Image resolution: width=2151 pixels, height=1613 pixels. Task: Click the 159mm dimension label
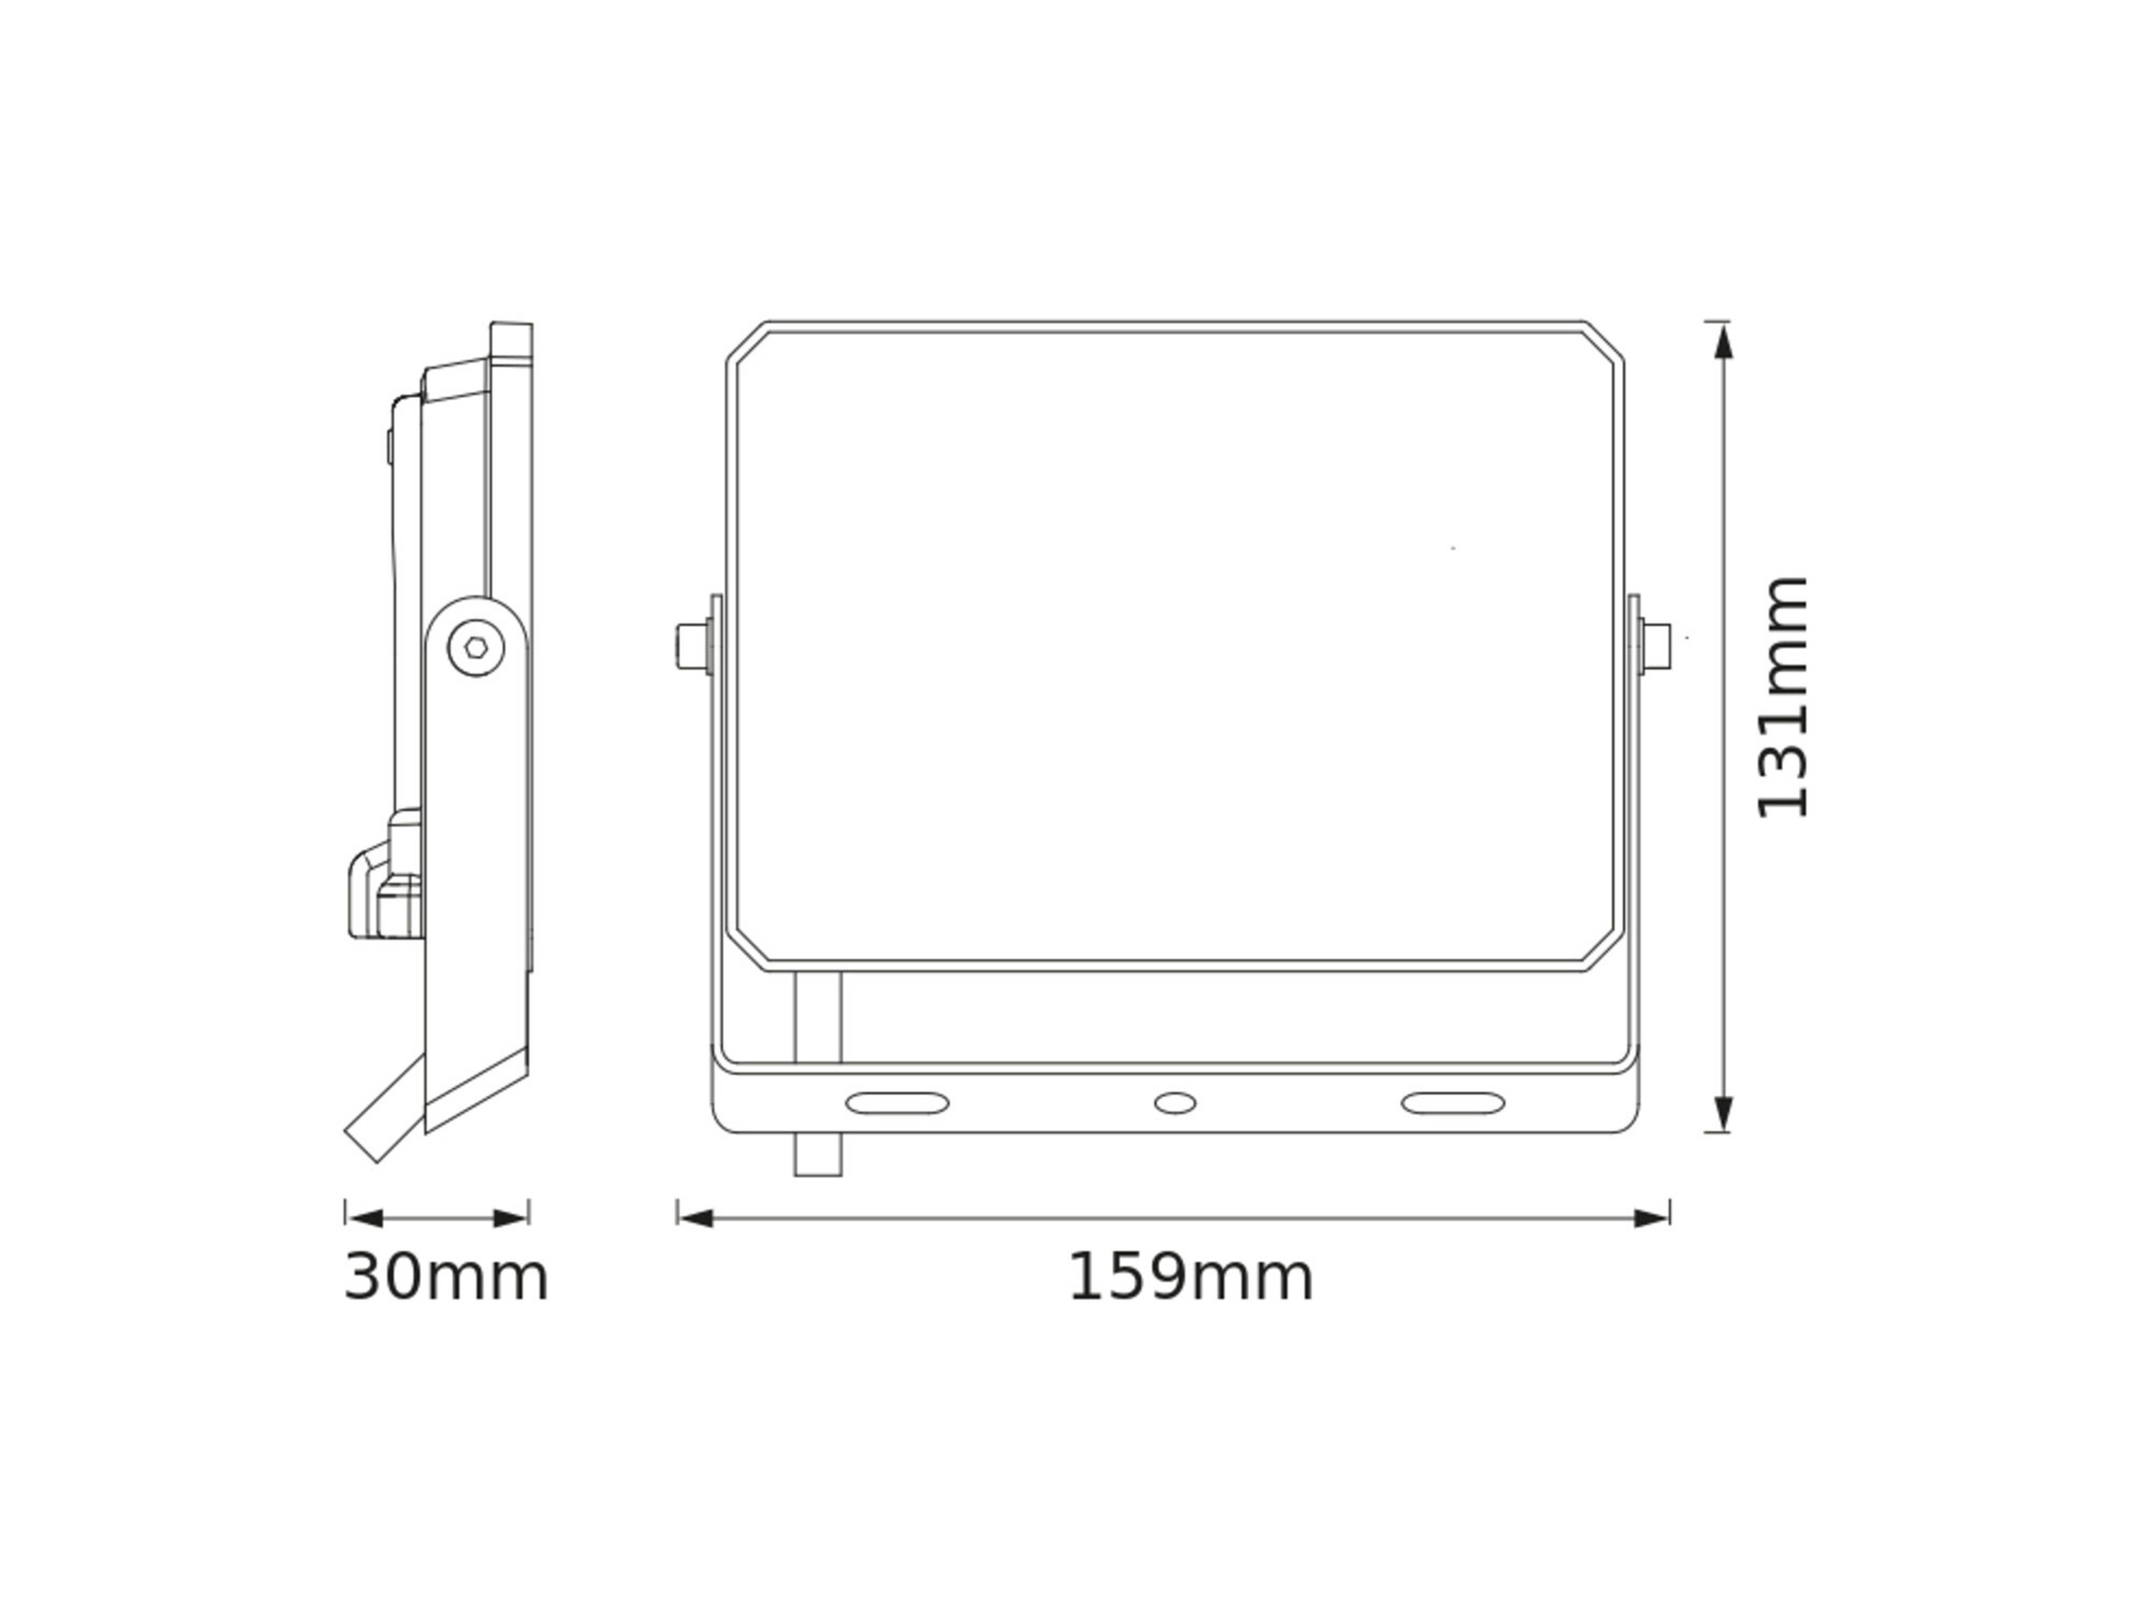[1190, 1277]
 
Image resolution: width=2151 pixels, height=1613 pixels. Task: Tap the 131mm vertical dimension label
[1783, 697]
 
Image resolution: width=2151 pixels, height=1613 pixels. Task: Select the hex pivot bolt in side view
[475, 647]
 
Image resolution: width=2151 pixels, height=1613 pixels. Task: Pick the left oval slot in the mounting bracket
[896, 1103]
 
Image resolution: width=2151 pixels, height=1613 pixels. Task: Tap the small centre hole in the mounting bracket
[1174, 1103]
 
